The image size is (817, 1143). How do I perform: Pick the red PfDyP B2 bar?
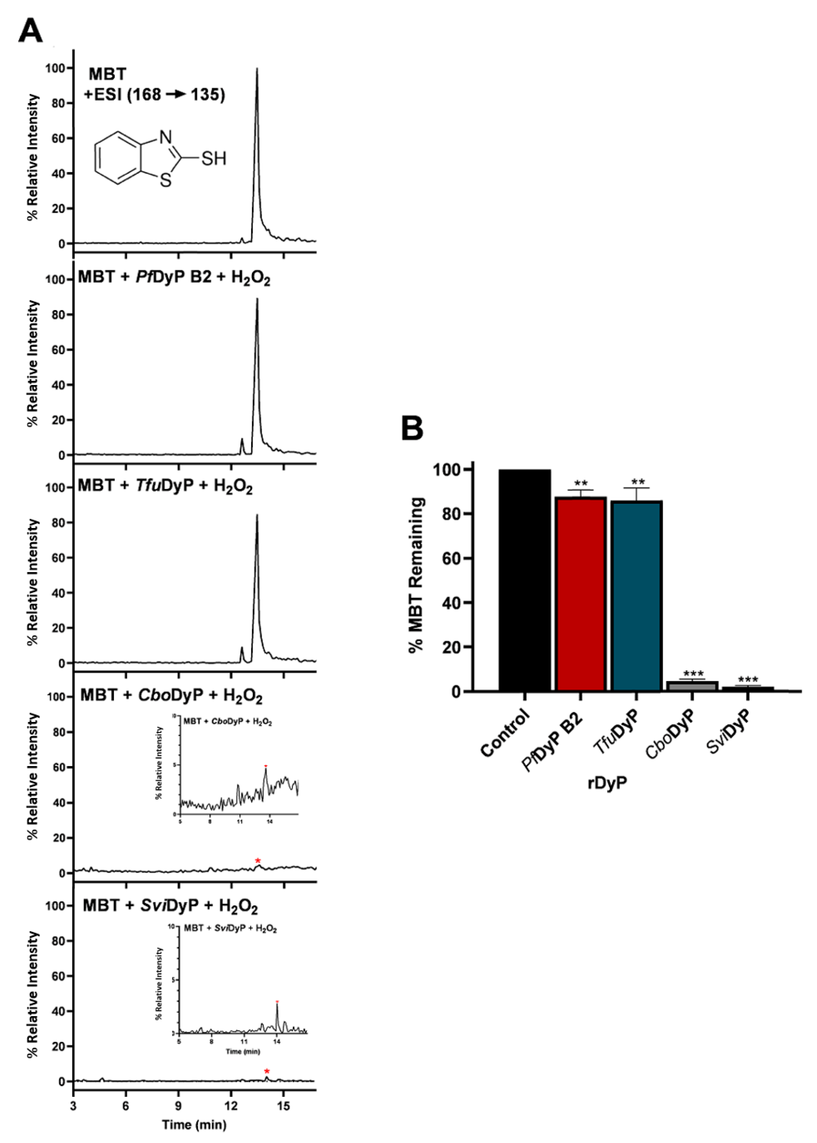coord(580,594)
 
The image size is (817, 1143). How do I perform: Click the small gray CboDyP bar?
coord(692,686)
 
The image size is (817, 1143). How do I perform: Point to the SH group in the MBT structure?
coord(214,159)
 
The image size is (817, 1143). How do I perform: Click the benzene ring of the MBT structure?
coord(118,158)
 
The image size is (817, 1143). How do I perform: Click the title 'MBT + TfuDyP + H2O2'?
coord(165,486)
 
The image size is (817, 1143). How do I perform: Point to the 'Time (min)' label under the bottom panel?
coord(194,1124)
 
